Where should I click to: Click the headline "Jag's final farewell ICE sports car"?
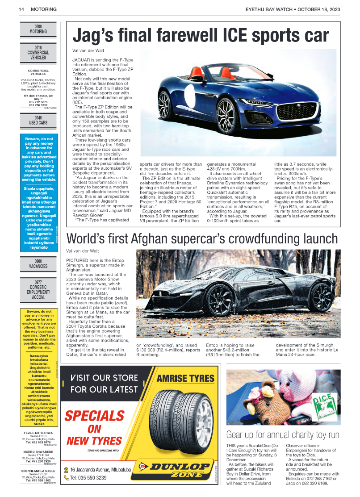(201, 35)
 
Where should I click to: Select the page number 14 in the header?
(21, 9)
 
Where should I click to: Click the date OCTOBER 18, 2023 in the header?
(319, 9)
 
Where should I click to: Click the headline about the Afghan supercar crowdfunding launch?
(202, 238)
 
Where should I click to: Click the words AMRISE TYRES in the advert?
(185, 379)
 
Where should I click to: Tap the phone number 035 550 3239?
(88, 478)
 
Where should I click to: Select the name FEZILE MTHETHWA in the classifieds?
(38, 433)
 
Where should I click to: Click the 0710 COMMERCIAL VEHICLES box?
(38, 52)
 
